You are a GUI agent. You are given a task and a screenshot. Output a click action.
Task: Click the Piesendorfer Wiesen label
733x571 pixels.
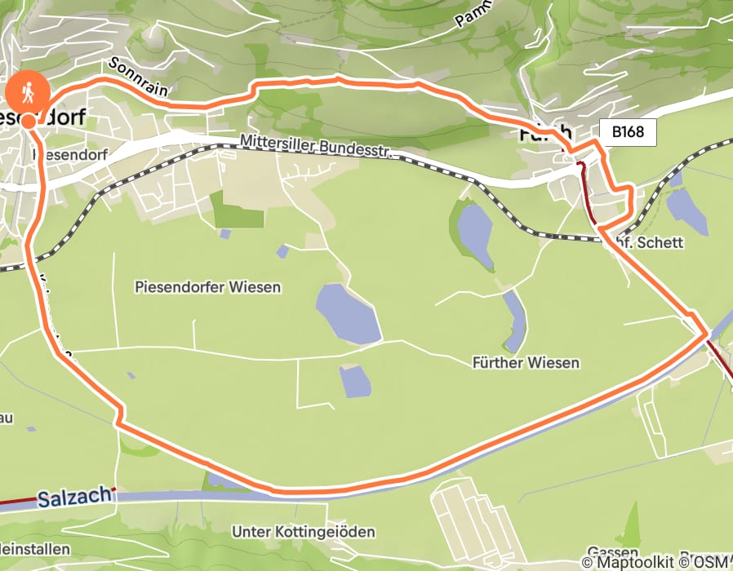(x=208, y=287)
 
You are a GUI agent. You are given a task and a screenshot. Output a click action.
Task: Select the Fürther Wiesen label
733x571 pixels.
(x=526, y=362)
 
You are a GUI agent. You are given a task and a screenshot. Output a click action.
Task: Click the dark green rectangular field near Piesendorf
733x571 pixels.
(x=237, y=210)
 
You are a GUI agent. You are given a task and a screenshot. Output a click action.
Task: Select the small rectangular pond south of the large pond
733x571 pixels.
(x=355, y=381)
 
